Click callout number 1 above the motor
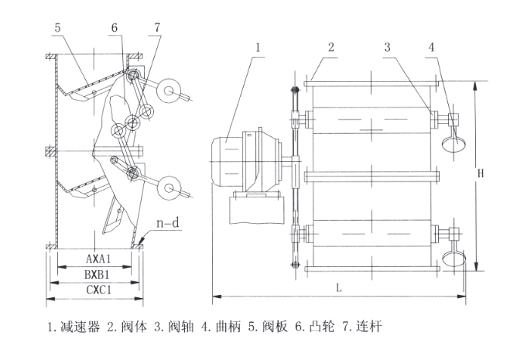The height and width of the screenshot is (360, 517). coord(258,47)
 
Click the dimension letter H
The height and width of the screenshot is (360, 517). coord(481,175)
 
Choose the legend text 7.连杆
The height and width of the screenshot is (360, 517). coord(360,327)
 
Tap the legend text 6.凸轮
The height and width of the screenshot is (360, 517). coord(313,327)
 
